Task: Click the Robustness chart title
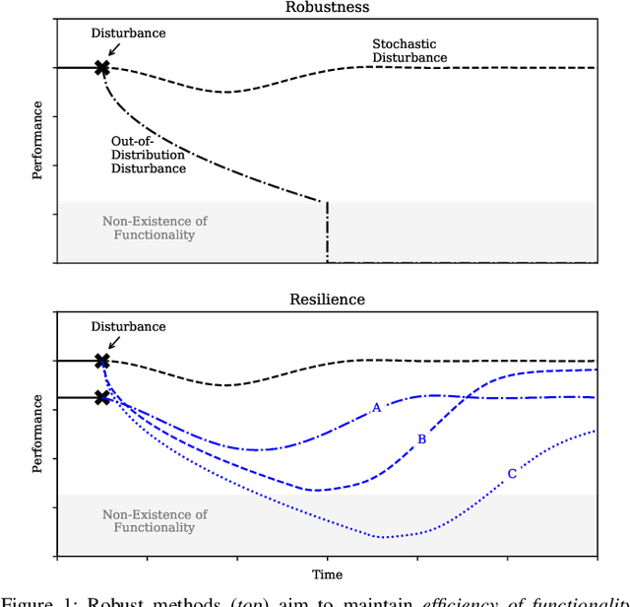[327, 6]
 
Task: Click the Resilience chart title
[327, 299]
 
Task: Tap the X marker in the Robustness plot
[101, 68]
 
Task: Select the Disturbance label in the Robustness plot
[128, 33]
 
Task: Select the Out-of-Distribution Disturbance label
[148, 155]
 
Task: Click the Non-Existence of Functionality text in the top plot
[155, 228]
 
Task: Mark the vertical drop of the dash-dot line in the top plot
[327, 233]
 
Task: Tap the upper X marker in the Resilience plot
[101, 362]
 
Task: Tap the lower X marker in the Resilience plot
[101, 397]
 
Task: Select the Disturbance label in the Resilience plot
[128, 326]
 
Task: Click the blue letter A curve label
[375, 408]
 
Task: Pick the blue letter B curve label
[421, 439]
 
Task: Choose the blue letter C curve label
[511, 474]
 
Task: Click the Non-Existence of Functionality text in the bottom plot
[155, 521]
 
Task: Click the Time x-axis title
[327, 574]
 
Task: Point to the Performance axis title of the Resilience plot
[37, 435]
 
